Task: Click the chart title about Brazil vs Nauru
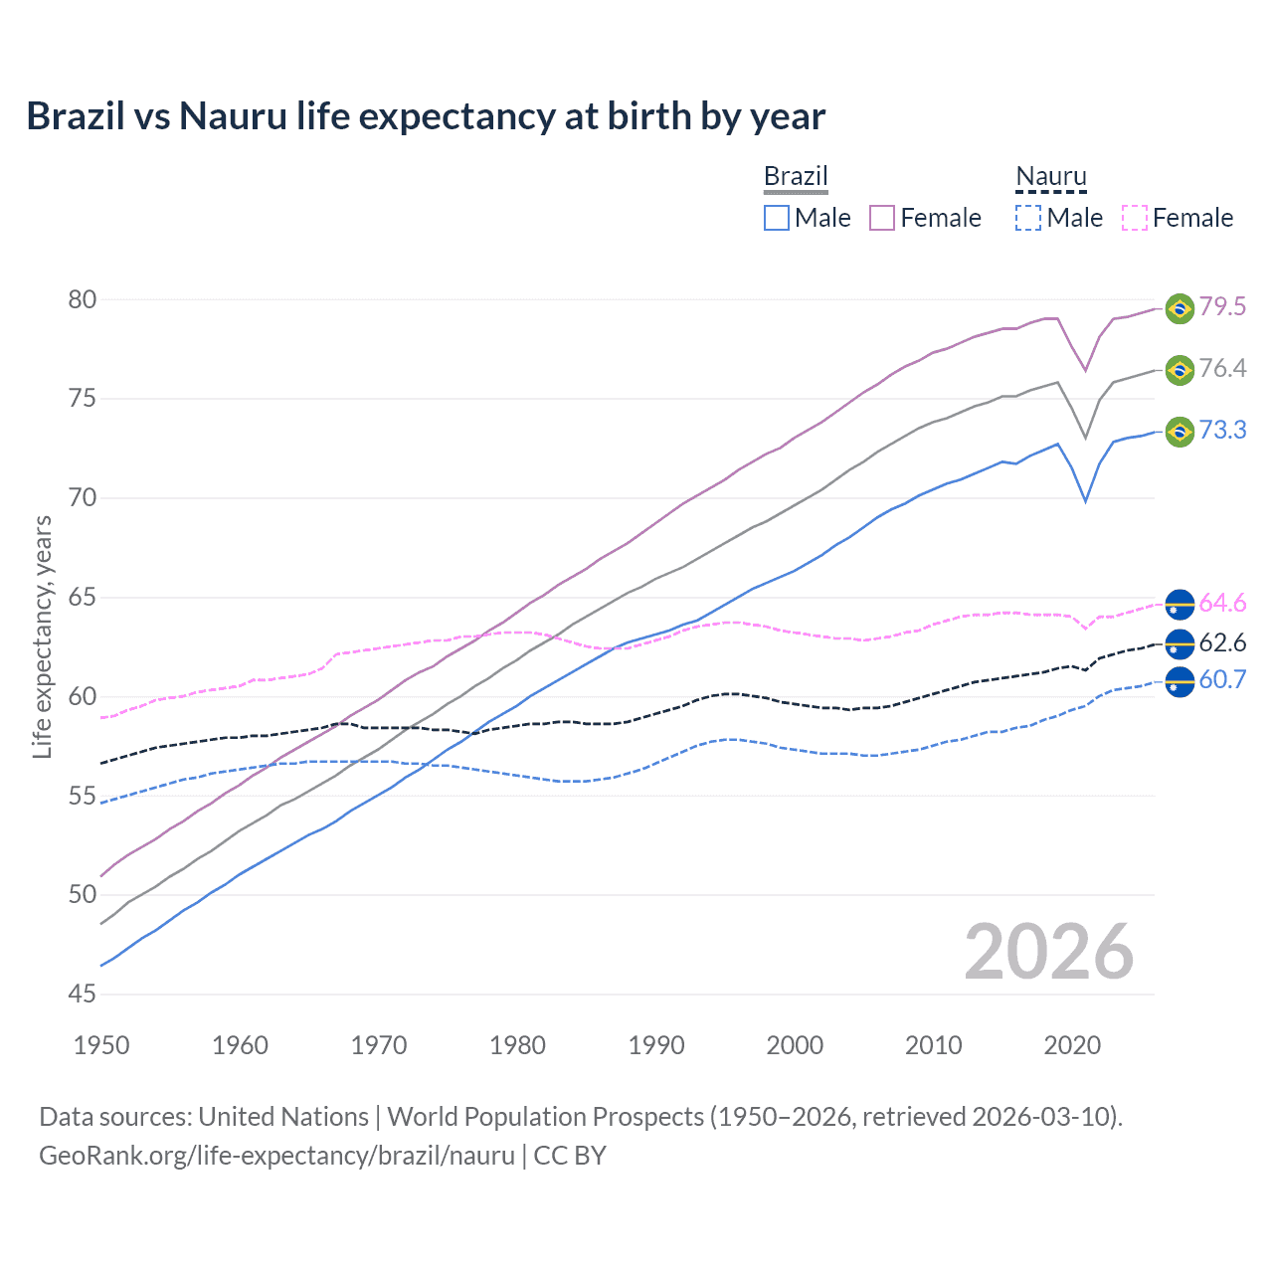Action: pyautogui.click(x=426, y=116)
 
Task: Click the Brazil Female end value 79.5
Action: pyautogui.click(x=1222, y=306)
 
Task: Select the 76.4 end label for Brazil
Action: pyautogui.click(x=1222, y=369)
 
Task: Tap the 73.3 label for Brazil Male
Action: pyautogui.click(x=1222, y=431)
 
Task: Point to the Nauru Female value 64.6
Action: pyautogui.click(x=1222, y=604)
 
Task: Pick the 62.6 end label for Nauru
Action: pyautogui.click(x=1222, y=643)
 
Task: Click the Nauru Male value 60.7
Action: pyautogui.click(x=1222, y=680)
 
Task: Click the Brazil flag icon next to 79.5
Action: pyautogui.click(x=1180, y=308)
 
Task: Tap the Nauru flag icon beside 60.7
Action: pyautogui.click(x=1180, y=682)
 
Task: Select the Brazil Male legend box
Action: pyautogui.click(x=777, y=218)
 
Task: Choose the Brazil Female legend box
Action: pyautogui.click(x=882, y=218)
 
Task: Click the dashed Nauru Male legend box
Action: pyautogui.click(x=1028, y=218)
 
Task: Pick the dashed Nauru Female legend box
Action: pyautogui.click(x=1135, y=218)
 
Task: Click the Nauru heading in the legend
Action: pyautogui.click(x=1051, y=177)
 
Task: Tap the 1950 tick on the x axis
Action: pyautogui.click(x=101, y=1045)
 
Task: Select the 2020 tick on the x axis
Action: pyautogui.click(x=1072, y=1045)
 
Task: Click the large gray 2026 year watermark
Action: pyautogui.click(x=1049, y=952)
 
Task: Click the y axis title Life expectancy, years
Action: pyautogui.click(x=43, y=636)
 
